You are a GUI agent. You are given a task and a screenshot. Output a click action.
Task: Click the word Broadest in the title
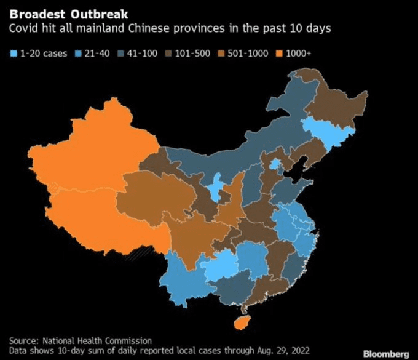37,14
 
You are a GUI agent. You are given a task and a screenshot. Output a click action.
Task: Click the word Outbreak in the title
99,14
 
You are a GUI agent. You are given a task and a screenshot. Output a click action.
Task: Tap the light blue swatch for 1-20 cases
14,54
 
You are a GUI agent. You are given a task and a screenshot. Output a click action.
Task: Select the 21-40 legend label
97,54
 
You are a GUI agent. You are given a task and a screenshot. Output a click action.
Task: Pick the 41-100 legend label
142,54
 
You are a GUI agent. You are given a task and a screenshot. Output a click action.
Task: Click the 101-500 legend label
192,54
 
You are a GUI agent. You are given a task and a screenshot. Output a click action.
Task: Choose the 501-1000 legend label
248,54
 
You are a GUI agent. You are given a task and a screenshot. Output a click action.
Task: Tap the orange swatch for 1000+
279,54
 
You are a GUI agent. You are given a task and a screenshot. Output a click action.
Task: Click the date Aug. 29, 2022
283,350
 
